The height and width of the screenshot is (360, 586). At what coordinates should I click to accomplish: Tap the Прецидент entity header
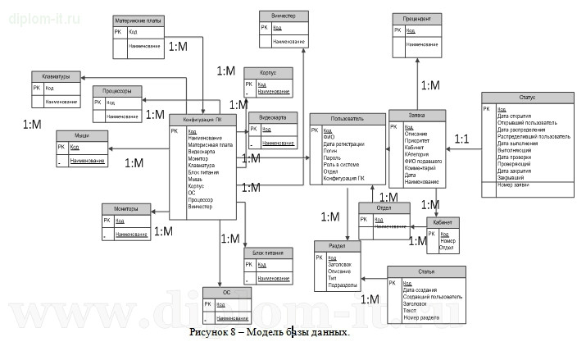(x=417, y=17)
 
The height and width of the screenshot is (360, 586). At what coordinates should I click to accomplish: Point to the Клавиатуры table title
(x=55, y=76)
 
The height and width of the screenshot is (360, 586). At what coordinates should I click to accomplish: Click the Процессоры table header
(x=117, y=91)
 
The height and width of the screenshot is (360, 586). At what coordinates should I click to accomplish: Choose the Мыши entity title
(x=80, y=134)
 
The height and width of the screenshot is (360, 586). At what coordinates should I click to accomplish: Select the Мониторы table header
(x=125, y=207)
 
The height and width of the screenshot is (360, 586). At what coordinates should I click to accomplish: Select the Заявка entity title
(x=417, y=115)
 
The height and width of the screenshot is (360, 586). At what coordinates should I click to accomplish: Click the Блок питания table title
(x=269, y=253)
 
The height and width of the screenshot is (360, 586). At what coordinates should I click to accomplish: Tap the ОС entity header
(x=226, y=293)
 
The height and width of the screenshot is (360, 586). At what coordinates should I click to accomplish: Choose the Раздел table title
(x=337, y=245)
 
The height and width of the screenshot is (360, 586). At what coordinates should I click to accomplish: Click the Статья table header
(x=425, y=271)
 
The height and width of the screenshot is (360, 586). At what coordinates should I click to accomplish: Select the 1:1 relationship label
(x=461, y=139)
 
